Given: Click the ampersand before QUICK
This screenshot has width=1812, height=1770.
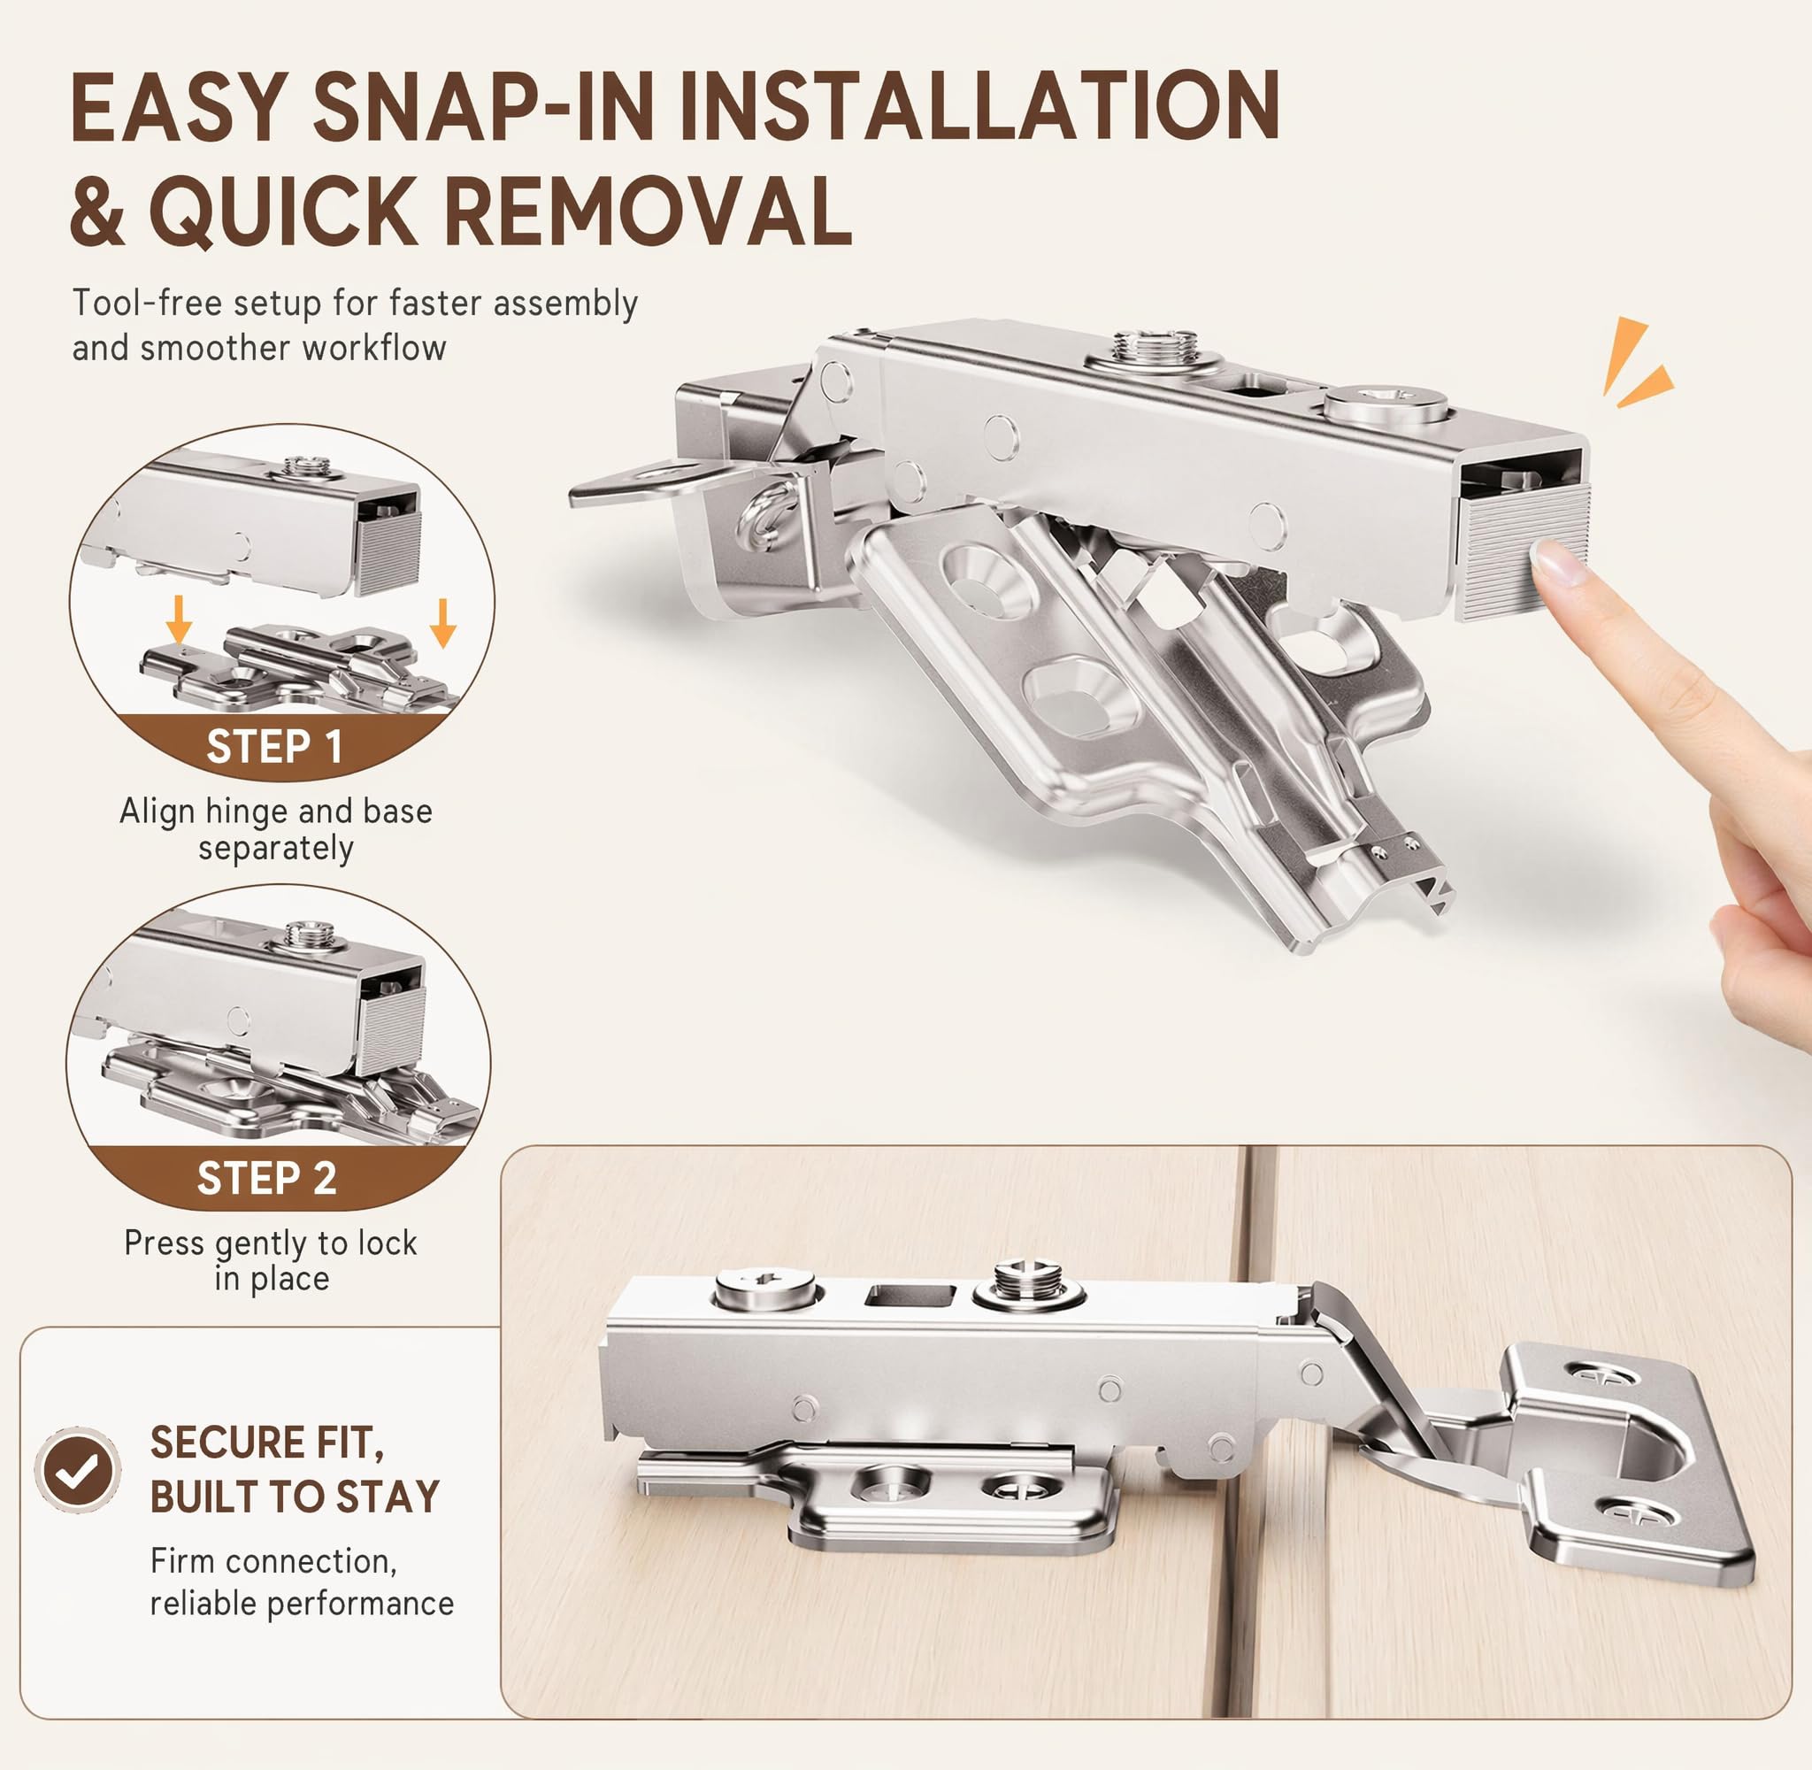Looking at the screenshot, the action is pyautogui.click(x=96, y=212).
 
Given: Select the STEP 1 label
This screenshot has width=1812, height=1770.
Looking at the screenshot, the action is pyautogui.click(x=274, y=746).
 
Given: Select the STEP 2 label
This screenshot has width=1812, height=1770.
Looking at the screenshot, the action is pyautogui.click(x=266, y=1178).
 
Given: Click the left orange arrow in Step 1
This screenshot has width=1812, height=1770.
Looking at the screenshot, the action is pyautogui.click(x=180, y=619).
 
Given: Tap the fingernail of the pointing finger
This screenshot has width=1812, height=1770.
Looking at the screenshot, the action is pyautogui.click(x=1560, y=563).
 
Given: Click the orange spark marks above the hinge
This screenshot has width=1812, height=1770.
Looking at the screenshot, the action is pyautogui.click(x=1635, y=364).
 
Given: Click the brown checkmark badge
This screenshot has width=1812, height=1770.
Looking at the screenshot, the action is pyautogui.click(x=78, y=1470).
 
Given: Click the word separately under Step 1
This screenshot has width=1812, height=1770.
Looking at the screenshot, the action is pyautogui.click(x=276, y=849).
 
